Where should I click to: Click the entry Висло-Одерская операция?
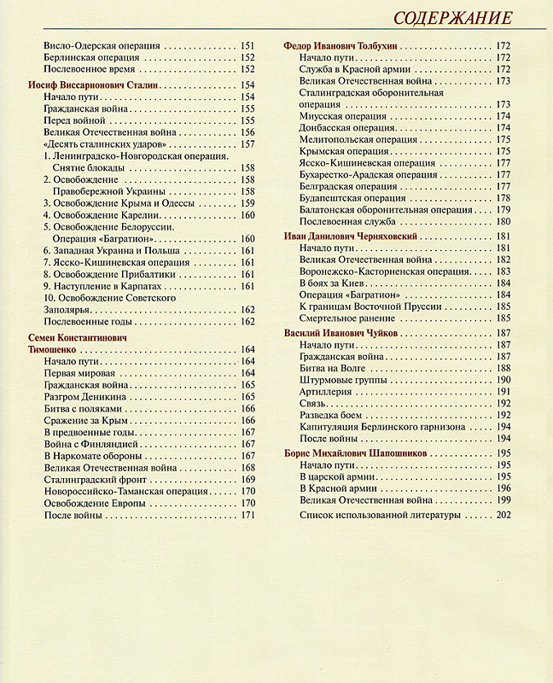[94, 44]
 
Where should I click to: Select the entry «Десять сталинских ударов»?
[89, 144]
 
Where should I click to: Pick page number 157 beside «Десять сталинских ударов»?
[248, 144]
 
